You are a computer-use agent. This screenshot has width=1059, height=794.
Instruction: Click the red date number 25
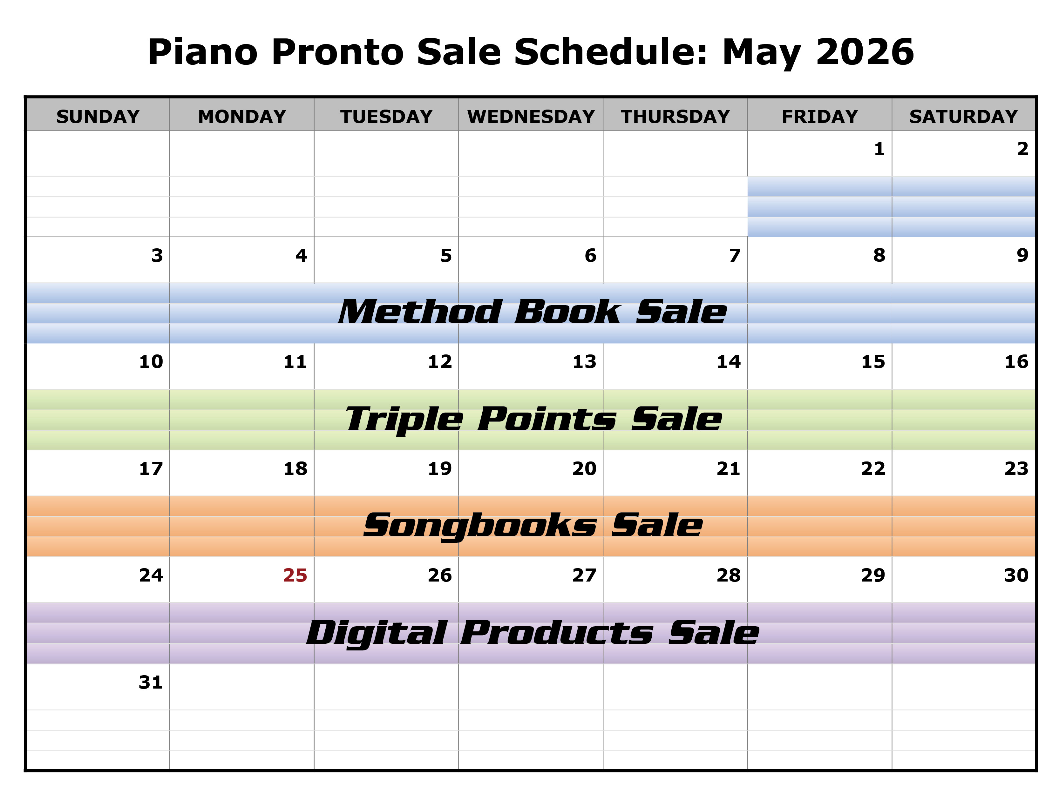coord(295,575)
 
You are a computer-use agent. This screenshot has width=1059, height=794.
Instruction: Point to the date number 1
coord(879,149)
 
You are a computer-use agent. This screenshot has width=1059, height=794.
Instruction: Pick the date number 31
coord(151,682)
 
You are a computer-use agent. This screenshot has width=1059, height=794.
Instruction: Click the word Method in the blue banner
coord(420,312)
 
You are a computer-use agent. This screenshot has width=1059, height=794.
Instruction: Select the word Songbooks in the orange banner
coord(480,526)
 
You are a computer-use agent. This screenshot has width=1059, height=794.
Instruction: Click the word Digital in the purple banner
coord(377,633)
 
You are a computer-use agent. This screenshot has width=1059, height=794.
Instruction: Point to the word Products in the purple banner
coord(556,633)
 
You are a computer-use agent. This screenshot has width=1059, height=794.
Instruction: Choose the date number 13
coord(584,362)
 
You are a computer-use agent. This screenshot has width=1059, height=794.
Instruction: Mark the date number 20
coord(584,468)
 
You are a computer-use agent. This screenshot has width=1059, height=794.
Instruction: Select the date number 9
coord(1022,255)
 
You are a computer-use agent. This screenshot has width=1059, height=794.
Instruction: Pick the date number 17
coord(151,468)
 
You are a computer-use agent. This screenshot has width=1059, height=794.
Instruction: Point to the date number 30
coord(1016,575)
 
